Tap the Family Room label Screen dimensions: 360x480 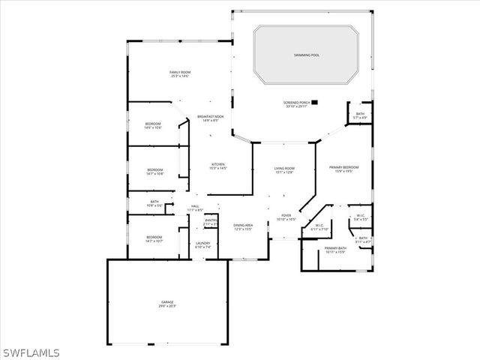tap(179, 73)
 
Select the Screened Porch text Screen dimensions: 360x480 tap(296, 103)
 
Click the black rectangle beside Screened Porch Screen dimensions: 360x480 tap(314, 102)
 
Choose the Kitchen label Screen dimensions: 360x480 tap(218, 166)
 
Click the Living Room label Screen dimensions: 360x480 tap(284, 170)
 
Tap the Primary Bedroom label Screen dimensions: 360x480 tap(344, 169)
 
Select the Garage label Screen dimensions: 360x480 tap(166, 304)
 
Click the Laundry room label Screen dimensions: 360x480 tap(203, 244)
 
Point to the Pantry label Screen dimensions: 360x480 tap(211, 222)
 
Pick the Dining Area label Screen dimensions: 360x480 tap(242, 226)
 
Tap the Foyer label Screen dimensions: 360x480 tap(286, 217)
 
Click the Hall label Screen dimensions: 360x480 tap(195, 208)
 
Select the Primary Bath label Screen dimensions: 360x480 tap(335, 250)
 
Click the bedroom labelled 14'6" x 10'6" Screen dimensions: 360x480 tap(153, 125)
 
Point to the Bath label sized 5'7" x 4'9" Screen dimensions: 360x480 tap(361, 116)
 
